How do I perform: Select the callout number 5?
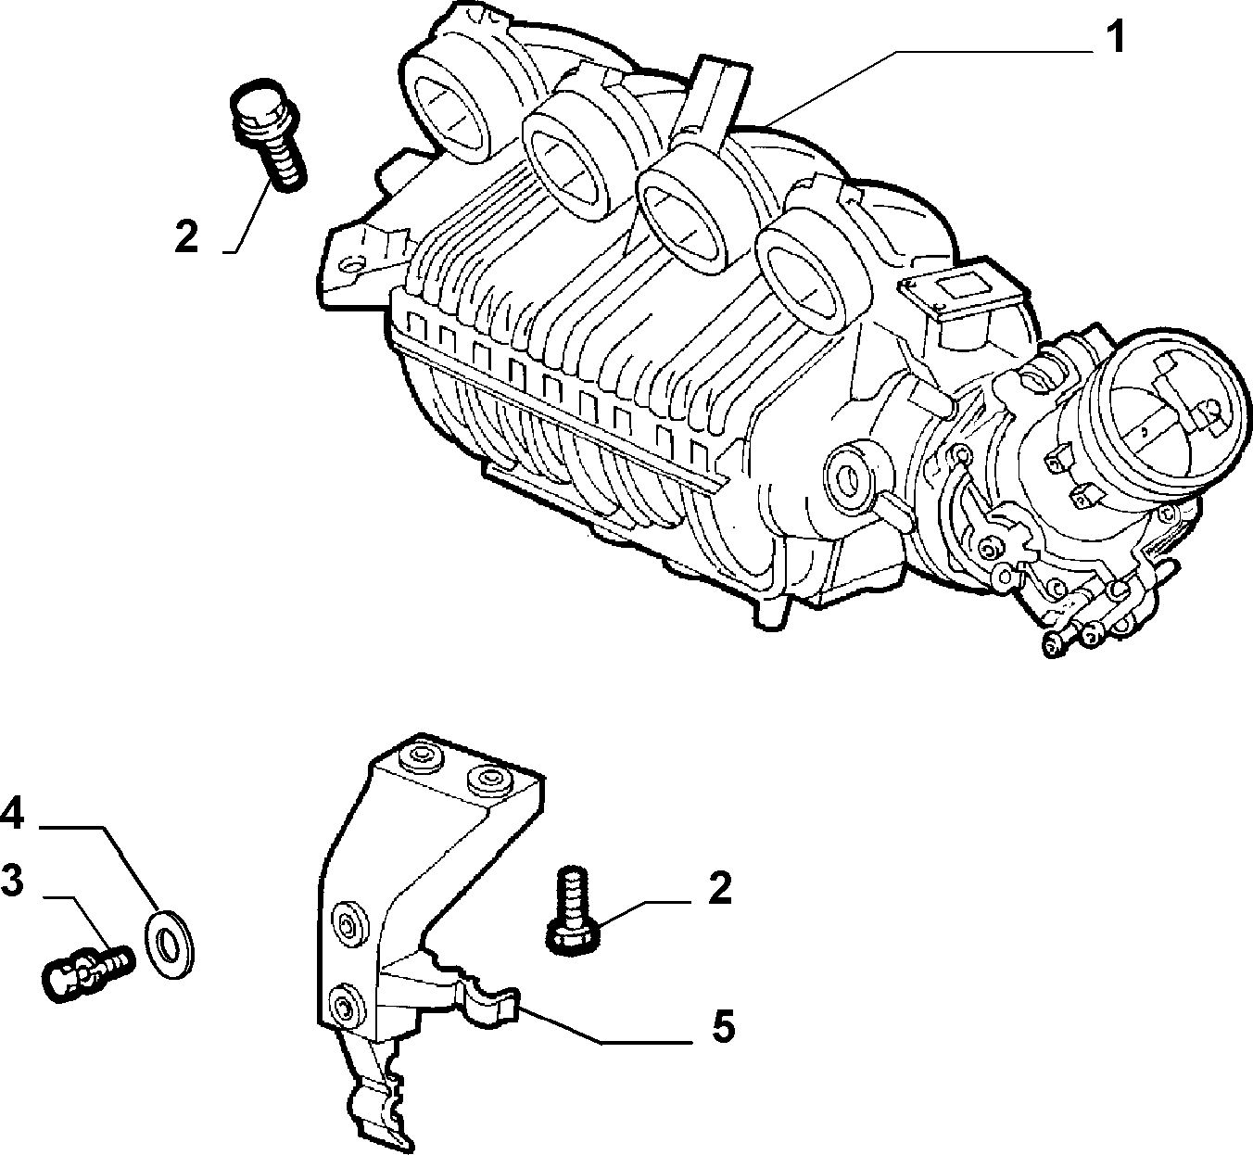722,1027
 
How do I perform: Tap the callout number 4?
12,813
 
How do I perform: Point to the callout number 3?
12,880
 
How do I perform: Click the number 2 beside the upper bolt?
187,235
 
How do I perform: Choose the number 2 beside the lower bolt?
719,888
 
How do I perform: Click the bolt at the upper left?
269,133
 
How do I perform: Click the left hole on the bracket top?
422,757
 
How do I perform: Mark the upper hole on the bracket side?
348,921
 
